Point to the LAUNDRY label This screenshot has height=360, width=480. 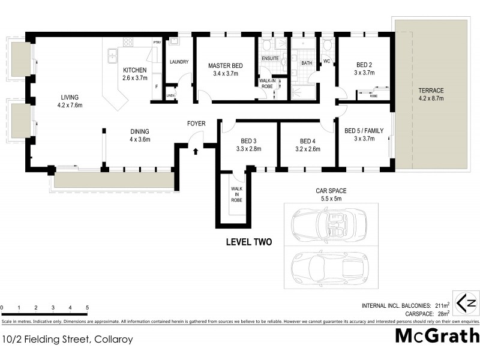[x=179, y=62]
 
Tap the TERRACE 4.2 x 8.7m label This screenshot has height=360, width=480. [x=431, y=95]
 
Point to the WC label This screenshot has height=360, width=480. [x=327, y=61]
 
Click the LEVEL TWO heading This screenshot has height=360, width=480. [x=248, y=242]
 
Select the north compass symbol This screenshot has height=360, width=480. [x=466, y=302]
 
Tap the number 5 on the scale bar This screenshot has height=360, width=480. [x=88, y=308]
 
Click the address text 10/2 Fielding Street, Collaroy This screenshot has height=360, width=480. [x=67, y=339]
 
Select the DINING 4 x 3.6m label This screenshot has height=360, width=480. [x=140, y=136]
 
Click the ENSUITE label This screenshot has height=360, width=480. [x=269, y=58]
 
